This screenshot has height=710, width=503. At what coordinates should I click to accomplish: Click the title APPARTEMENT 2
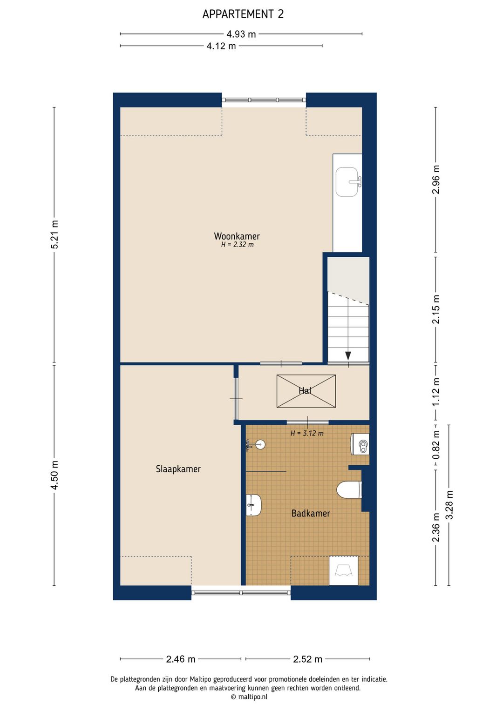click(x=243, y=14)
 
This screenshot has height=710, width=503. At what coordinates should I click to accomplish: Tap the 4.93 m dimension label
click(x=241, y=34)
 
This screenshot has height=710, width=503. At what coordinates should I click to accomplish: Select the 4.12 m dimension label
click(x=221, y=46)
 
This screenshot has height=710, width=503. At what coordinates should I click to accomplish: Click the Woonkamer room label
click(x=237, y=236)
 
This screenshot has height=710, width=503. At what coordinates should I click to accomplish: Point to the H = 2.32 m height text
click(x=237, y=245)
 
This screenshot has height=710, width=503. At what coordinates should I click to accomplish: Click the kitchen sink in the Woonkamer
click(x=347, y=182)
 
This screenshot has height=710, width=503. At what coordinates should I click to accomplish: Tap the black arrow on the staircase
click(x=348, y=355)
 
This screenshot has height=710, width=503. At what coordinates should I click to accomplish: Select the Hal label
click(x=305, y=391)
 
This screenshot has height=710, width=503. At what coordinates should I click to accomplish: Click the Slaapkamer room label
click(x=178, y=469)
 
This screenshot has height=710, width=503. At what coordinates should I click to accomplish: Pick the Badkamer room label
click(x=310, y=513)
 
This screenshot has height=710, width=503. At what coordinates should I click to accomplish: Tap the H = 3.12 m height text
click(x=306, y=433)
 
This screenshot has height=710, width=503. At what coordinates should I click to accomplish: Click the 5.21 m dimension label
click(x=54, y=234)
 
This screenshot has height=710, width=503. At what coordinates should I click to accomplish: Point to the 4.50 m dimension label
click(x=54, y=475)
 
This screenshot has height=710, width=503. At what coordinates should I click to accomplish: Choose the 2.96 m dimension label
click(x=436, y=180)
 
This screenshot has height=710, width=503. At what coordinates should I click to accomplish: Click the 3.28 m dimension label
click(x=449, y=505)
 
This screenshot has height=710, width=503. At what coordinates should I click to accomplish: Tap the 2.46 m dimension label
click(x=181, y=659)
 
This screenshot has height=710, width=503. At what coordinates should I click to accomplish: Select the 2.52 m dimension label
click(x=307, y=659)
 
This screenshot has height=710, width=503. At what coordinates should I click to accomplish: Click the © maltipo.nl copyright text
click(x=249, y=697)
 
